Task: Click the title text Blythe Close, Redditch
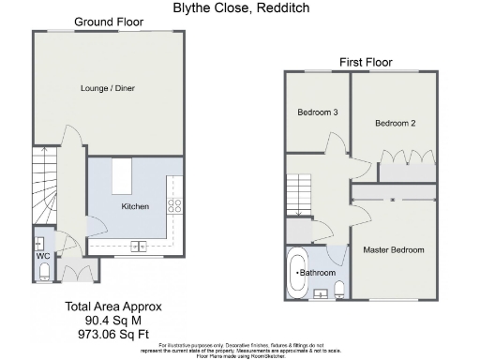click(x=241, y=7)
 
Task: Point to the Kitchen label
click(x=135, y=205)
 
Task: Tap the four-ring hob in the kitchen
click(x=173, y=204)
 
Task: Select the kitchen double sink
click(x=139, y=247)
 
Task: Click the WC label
click(x=43, y=255)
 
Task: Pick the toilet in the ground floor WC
click(x=43, y=272)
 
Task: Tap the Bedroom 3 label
click(x=317, y=112)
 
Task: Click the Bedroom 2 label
click(x=395, y=123)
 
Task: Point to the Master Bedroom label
click(x=395, y=250)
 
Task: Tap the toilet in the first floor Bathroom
click(x=339, y=287)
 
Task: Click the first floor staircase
click(x=299, y=196)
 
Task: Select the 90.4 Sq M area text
click(x=113, y=319)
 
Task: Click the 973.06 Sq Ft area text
click(x=113, y=332)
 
